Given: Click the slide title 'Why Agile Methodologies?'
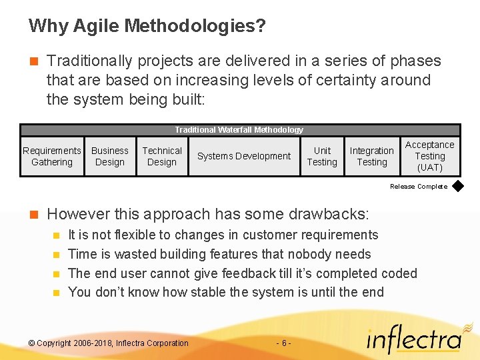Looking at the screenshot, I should point(147,26).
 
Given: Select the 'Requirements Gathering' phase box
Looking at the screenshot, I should point(52,156).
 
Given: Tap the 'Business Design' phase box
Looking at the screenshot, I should point(110,156).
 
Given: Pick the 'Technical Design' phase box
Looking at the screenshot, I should point(162,156).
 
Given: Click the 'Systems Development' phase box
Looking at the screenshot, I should point(244,156).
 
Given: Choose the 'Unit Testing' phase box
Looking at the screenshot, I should point(322,156).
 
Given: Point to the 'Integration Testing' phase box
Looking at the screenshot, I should point(371,156).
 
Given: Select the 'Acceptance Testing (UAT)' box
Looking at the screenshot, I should point(430,156).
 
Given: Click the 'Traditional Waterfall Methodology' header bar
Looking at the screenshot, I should point(239,130).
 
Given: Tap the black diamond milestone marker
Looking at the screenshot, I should point(458,187).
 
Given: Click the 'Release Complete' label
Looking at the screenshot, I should point(419,187).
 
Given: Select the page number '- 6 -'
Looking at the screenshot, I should point(283,343).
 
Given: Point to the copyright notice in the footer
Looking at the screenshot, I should point(109,343).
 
